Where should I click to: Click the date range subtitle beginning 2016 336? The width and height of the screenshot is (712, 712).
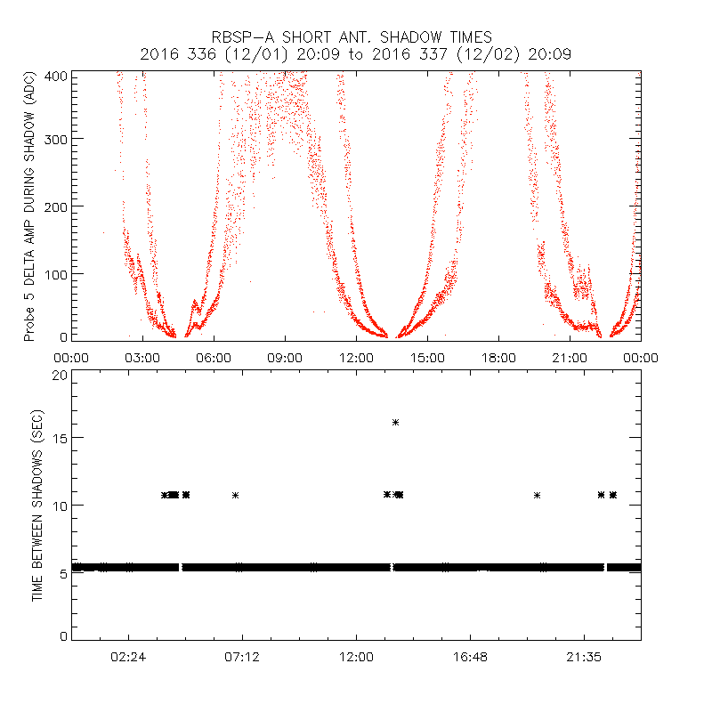pyautogui.click(x=355, y=54)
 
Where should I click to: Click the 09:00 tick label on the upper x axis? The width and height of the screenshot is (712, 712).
pyautogui.click(x=285, y=357)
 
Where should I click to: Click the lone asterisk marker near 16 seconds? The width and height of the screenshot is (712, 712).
pyautogui.click(x=395, y=422)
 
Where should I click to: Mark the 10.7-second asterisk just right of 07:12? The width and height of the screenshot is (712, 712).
pyautogui.click(x=236, y=495)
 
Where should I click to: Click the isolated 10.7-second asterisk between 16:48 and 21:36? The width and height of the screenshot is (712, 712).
pyautogui.click(x=538, y=495)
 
